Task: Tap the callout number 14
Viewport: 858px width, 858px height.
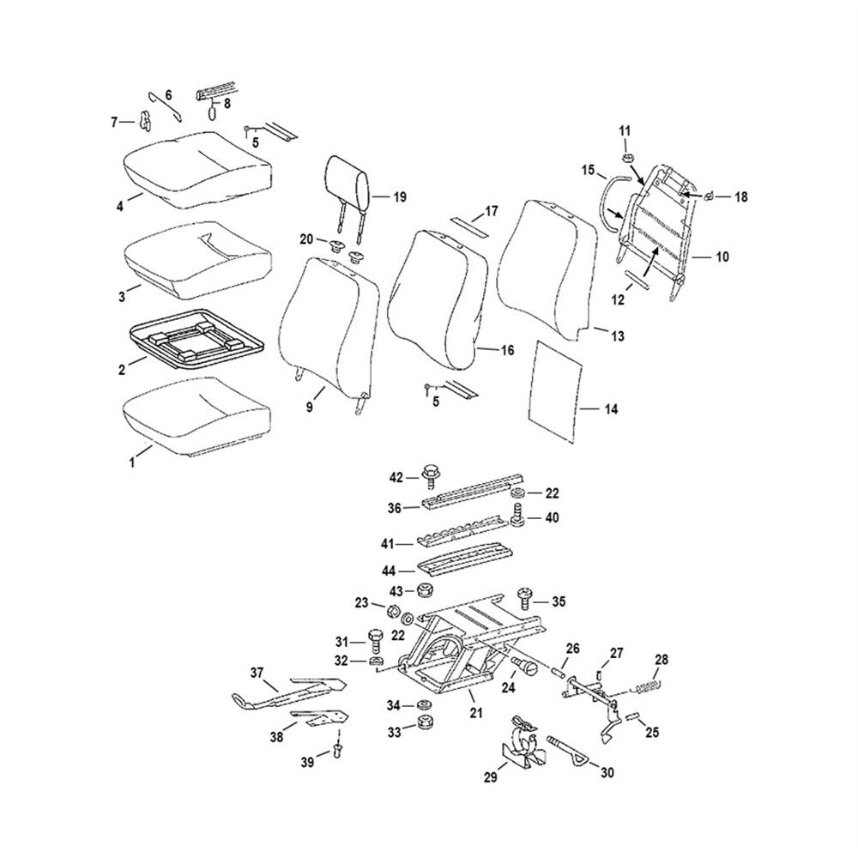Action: (x=610, y=409)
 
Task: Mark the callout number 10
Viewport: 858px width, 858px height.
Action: (x=722, y=257)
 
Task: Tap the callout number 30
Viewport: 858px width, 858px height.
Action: (x=607, y=772)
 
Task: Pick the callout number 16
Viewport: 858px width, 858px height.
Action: (x=507, y=350)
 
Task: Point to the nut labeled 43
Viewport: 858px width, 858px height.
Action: (x=422, y=591)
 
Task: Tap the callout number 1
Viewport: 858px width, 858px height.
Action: (x=133, y=462)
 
